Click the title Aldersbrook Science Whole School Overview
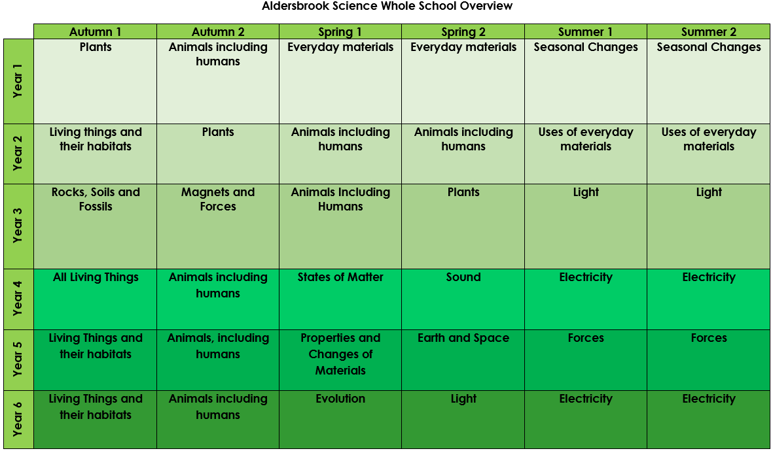pos(387,7)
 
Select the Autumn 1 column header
pos(95,31)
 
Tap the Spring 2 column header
pos(463,31)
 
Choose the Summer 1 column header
pos(586,31)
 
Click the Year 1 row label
pos(18,81)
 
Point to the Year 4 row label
pos(18,299)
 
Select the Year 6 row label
pos(18,420)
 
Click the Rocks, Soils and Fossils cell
pos(95,227)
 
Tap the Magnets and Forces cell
pos(218,227)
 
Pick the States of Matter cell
pos(340,299)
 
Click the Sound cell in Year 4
pos(463,299)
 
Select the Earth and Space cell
pos(463,360)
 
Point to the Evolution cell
pos(340,420)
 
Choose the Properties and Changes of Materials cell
pos(340,360)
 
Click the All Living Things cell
pos(95,299)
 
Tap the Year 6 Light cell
pos(463,420)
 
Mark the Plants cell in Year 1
pos(95,81)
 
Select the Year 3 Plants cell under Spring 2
pos(463,227)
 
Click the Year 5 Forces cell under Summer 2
pos(708,360)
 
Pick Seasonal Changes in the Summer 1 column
pos(586,81)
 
